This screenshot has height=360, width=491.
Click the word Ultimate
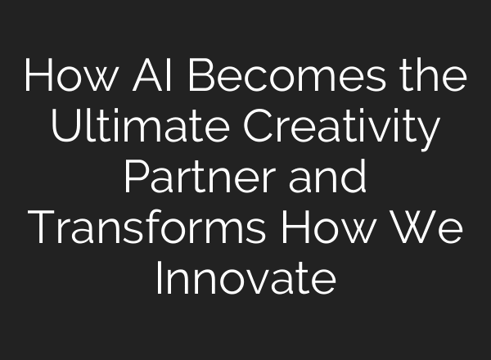point(131,129)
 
